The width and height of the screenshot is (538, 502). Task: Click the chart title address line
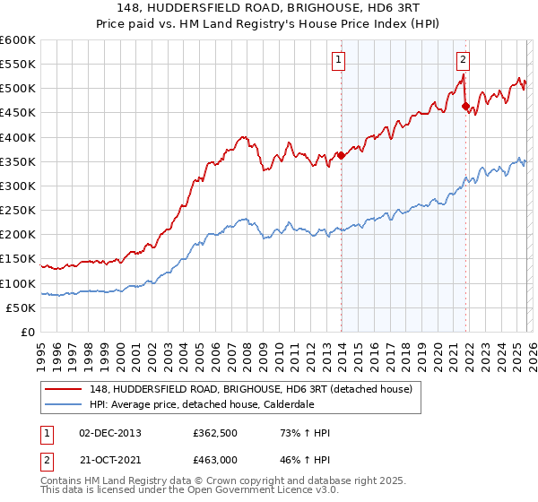pyautogui.click(x=269, y=8)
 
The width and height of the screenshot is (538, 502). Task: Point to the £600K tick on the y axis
pyautogui.click(x=18, y=40)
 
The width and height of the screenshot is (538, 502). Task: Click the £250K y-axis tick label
pyautogui.click(x=18, y=211)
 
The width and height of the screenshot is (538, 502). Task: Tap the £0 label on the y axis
pyautogui.click(x=29, y=332)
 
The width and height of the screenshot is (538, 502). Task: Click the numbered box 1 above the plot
pyautogui.click(x=340, y=60)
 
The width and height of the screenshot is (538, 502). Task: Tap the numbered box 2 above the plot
pyautogui.click(x=463, y=60)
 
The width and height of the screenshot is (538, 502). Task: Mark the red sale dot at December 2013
pyautogui.click(x=341, y=155)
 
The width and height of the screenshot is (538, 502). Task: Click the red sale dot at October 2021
pyautogui.click(x=465, y=107)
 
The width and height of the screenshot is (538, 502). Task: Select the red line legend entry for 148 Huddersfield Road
pyautogui.click(x=250, y=388)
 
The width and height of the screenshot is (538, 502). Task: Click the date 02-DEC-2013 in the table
pyautogui.click(x=109, y=433)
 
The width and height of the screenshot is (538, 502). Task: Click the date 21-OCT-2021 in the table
pyautogui.click(x=109, y=461)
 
